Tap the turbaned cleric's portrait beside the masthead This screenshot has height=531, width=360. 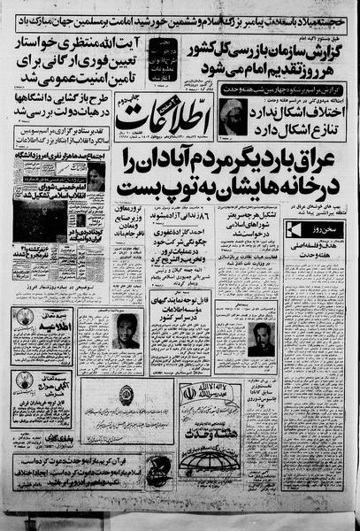(x=233, y=115)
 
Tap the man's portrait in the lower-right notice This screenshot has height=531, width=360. (x=261, y=338)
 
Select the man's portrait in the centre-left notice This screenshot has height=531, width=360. (x=125, y=331)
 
